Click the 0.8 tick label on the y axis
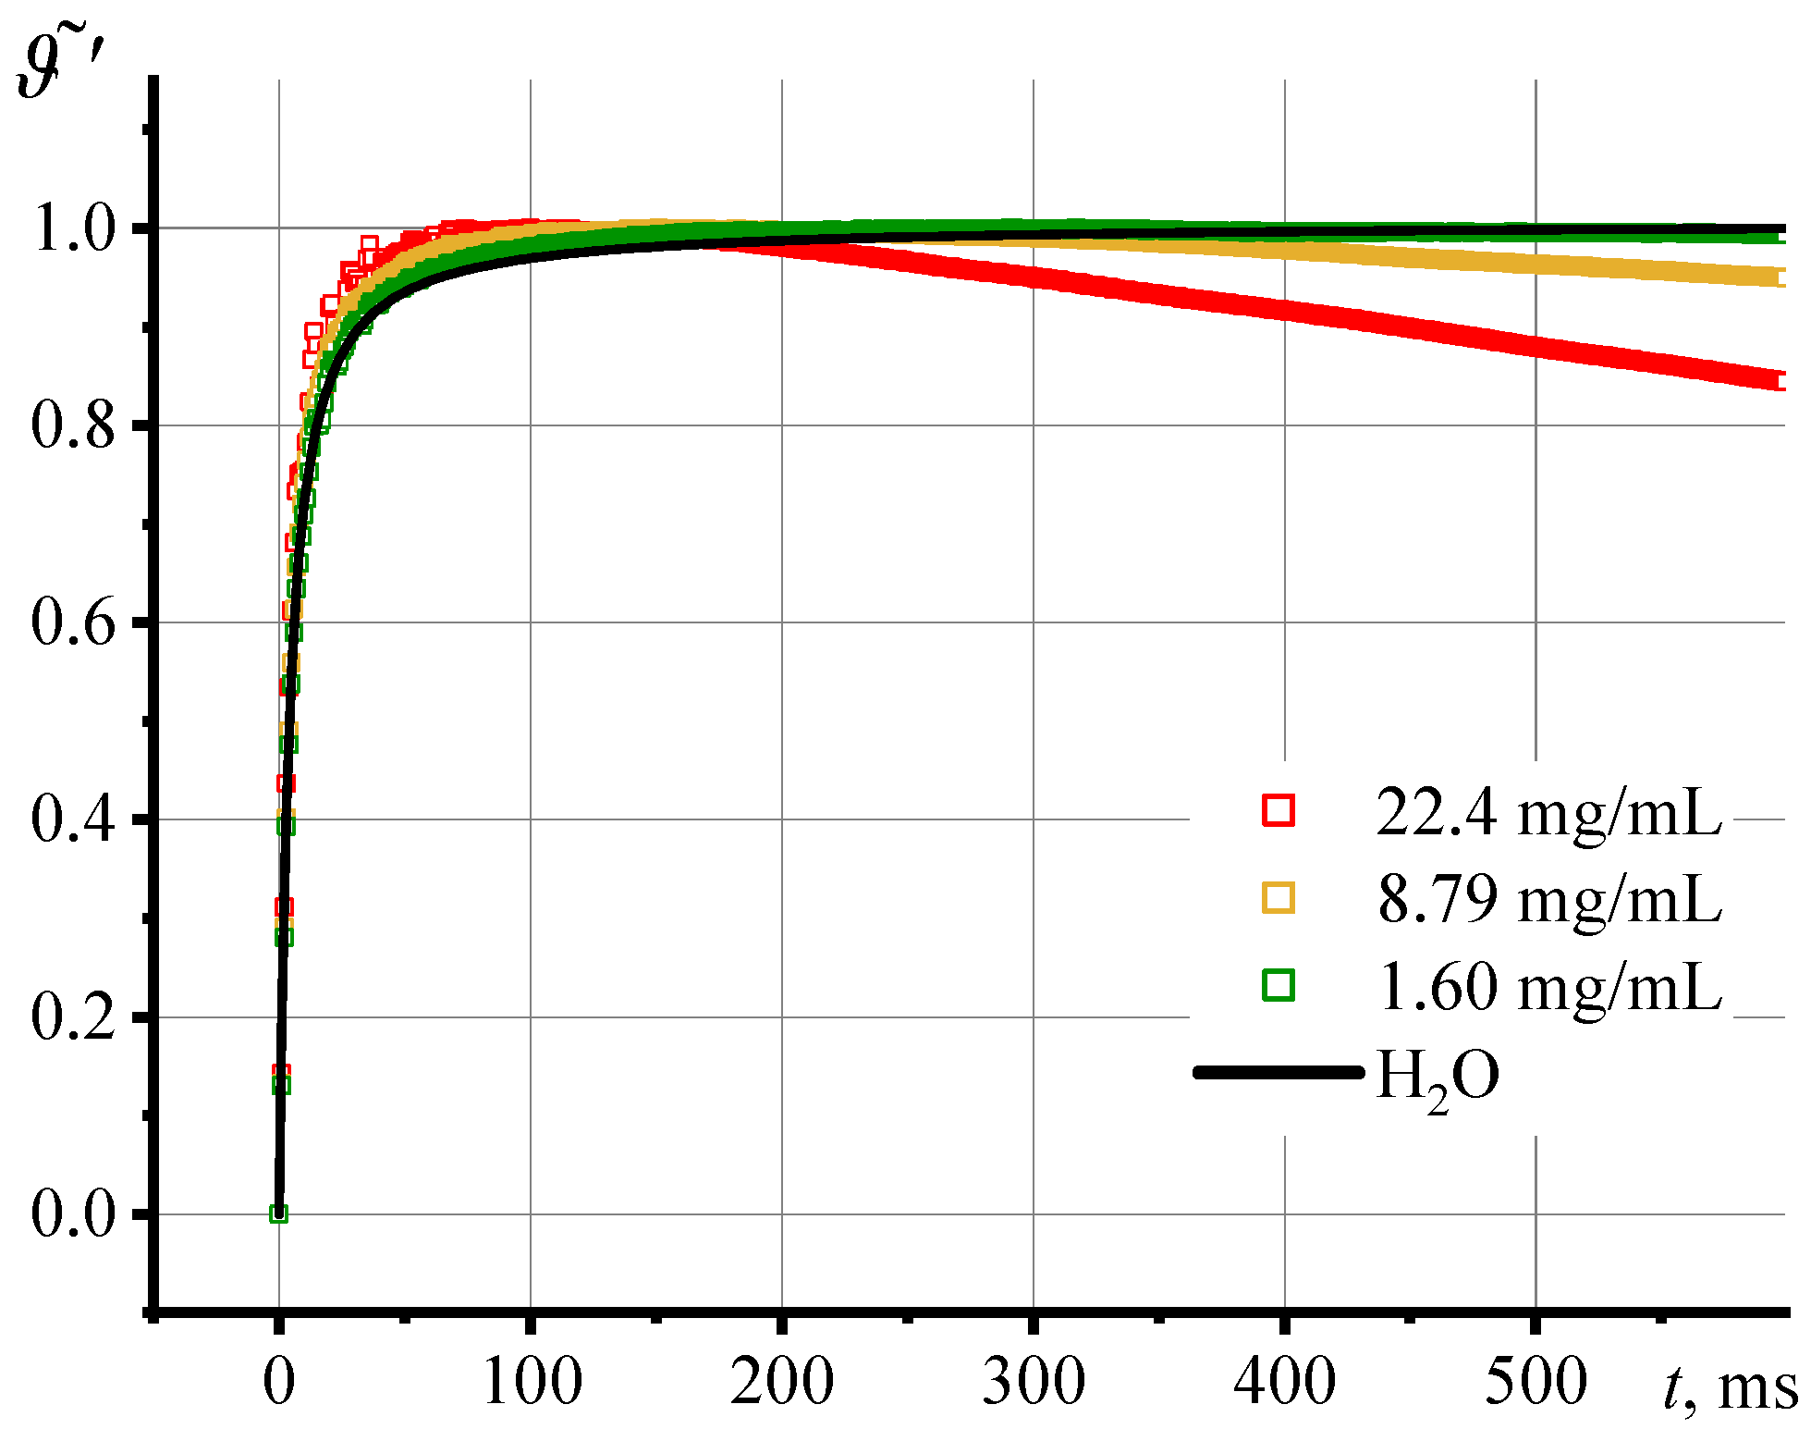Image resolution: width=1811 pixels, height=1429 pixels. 74,425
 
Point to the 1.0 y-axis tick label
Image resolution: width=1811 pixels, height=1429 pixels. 74,228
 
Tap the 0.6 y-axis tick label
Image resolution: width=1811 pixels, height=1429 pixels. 74,622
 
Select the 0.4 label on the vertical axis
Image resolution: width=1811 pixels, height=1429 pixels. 74,819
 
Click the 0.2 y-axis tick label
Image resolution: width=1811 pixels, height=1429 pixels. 74,1016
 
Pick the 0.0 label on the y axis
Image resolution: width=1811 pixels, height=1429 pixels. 74,1213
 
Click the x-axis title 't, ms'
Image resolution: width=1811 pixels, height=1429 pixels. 1730,1387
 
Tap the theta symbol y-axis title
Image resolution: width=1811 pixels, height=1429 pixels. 65,65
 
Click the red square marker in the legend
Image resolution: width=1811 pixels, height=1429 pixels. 1279,810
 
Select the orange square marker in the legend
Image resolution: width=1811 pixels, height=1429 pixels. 1279,897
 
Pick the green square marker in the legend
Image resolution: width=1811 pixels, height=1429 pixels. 1279,985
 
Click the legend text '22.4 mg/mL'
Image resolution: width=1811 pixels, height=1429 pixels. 1548,813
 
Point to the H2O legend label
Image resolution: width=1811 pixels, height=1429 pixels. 1438,1078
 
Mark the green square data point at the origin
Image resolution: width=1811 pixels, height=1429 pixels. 279,1213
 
